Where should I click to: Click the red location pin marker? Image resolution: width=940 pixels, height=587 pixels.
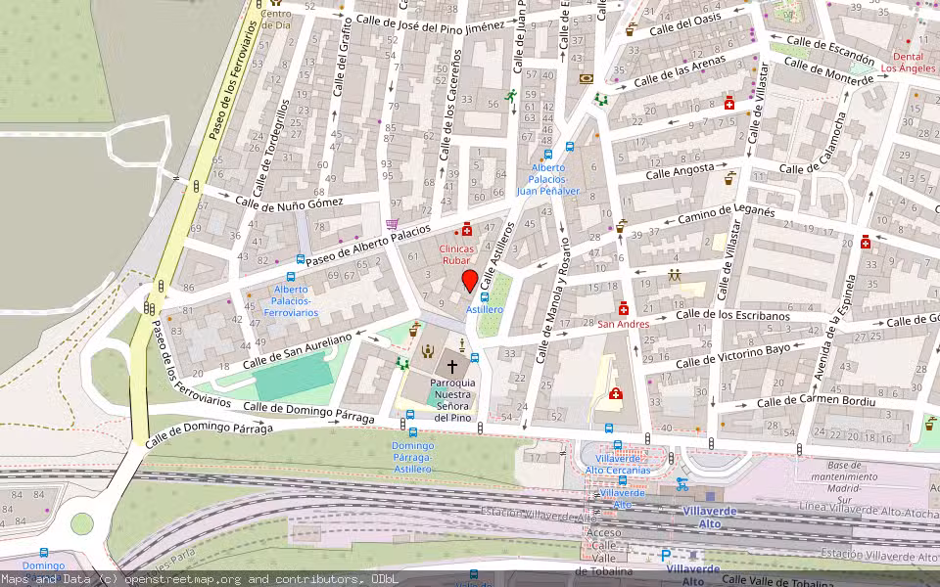tap(469, 282)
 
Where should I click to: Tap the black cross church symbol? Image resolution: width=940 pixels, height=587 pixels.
tap(451, 365)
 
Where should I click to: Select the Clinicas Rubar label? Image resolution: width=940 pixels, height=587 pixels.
tap(456, 254)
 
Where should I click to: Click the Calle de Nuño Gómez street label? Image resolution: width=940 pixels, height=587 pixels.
tap(290, 202)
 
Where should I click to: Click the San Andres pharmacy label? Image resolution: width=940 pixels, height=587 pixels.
tap(624, 324)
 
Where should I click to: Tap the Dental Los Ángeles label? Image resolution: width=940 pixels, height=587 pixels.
tap(907, 63)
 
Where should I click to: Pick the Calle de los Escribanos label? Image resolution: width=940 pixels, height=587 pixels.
tap(732, 315)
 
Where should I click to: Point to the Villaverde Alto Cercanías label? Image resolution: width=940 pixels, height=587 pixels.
tap(617, 464)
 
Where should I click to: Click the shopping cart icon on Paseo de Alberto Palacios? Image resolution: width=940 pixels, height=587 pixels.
tap(393, 224)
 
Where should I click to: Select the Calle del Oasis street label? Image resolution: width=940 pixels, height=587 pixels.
tap(686, 22)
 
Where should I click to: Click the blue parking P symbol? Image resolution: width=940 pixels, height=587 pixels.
tap(666, 555)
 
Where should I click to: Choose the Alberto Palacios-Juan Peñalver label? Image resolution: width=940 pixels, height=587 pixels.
tap(548, 179)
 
